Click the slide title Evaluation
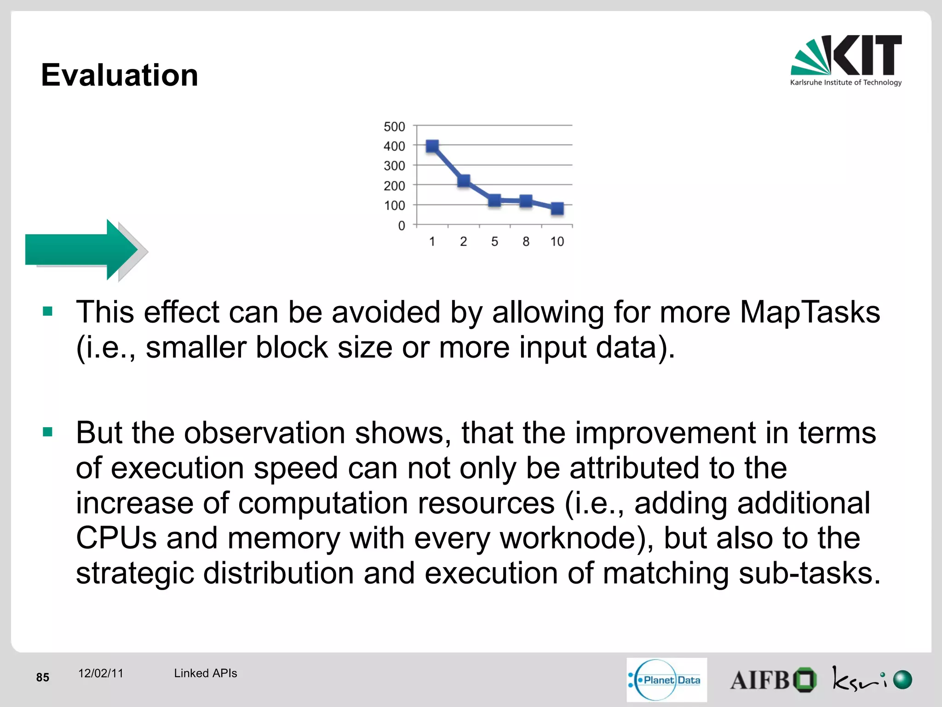click(x=120, y=75)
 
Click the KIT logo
click(x=846, y=60)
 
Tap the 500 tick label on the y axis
click(x=394, y=127)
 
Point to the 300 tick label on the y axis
click(x=394, y=166)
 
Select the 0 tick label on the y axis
click(x=402, y=226)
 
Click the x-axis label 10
click(x=557, y=242)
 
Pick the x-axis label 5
click(x=494, y=242)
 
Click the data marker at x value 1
click(x=432, y=146)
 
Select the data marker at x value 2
click(x=464, y=180)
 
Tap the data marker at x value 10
click(x=557, y=209)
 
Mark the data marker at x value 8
click(x=526, y=201)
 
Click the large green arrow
click(x=83, y=249)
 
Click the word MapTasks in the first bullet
click(x=810, y=312)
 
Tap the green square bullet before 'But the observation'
click(x=47, y=432)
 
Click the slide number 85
click(x=43, y=677)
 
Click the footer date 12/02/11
click(x=101, y=673)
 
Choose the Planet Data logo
click(x=666, y=680)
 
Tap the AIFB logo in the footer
click(x=773, y=680)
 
